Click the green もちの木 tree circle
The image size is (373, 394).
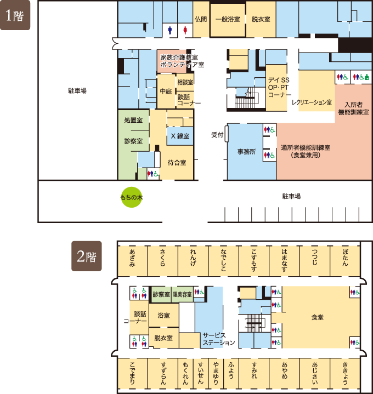point(132,197)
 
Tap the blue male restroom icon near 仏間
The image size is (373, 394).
point(170,30)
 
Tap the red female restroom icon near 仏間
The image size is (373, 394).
point(185,30)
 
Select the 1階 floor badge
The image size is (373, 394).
point(15,15)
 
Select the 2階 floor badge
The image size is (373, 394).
point(87,256)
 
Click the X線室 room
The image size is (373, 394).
point(180,136)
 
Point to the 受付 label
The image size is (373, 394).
point(217,135)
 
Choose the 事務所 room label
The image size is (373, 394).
point(246,152)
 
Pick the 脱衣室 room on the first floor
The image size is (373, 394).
point(261,19)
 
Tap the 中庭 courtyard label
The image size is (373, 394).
point(166,91)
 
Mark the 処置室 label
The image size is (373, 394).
point(133,120)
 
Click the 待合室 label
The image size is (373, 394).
point(177,163)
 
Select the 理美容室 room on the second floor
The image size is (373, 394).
point(182,294)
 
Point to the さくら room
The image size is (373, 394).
point(163,261)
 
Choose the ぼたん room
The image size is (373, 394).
point(345,261)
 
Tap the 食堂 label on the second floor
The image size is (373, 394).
point(318,317)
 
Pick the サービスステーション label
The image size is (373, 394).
point(218,339)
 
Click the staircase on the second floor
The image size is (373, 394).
point(254,323)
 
